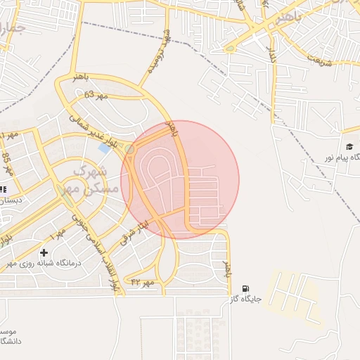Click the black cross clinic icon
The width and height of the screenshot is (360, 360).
click(x=44, y=252)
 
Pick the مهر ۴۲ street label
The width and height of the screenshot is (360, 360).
click(x=142, y=281)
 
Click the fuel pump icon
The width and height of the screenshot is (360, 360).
click(x=245, y=288)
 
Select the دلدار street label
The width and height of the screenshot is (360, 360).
click(x=271, y=46)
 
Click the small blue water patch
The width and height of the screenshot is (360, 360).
click(x=105, y=148)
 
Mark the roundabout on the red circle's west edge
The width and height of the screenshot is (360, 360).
click(x=129, y=149)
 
